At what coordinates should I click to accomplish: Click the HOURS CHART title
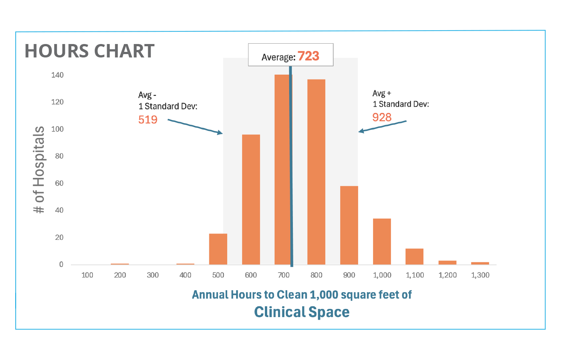point(90,51)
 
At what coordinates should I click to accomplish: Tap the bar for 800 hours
point(316,172)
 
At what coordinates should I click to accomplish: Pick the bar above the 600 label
point(251,200)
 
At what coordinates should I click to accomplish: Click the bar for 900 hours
point(349,225)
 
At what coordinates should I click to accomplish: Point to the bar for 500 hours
point(218,249)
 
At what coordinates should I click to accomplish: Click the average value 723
point(309,56)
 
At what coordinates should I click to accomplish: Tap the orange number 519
point(148,120)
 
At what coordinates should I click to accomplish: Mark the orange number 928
point(382,118)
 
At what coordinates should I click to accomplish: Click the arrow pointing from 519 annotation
point(195,126)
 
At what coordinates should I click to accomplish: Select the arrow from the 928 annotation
point(382,126)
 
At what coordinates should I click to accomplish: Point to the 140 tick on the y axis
point(57,75)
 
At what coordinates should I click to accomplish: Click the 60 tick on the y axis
point(59,183)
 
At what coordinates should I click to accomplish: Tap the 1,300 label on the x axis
point(480,275)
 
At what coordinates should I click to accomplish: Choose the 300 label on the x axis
point(153,275)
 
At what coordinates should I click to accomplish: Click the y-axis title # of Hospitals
point(39,170)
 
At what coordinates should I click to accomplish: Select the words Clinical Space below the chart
point(302,312)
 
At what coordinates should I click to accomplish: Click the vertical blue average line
point(291,168)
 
